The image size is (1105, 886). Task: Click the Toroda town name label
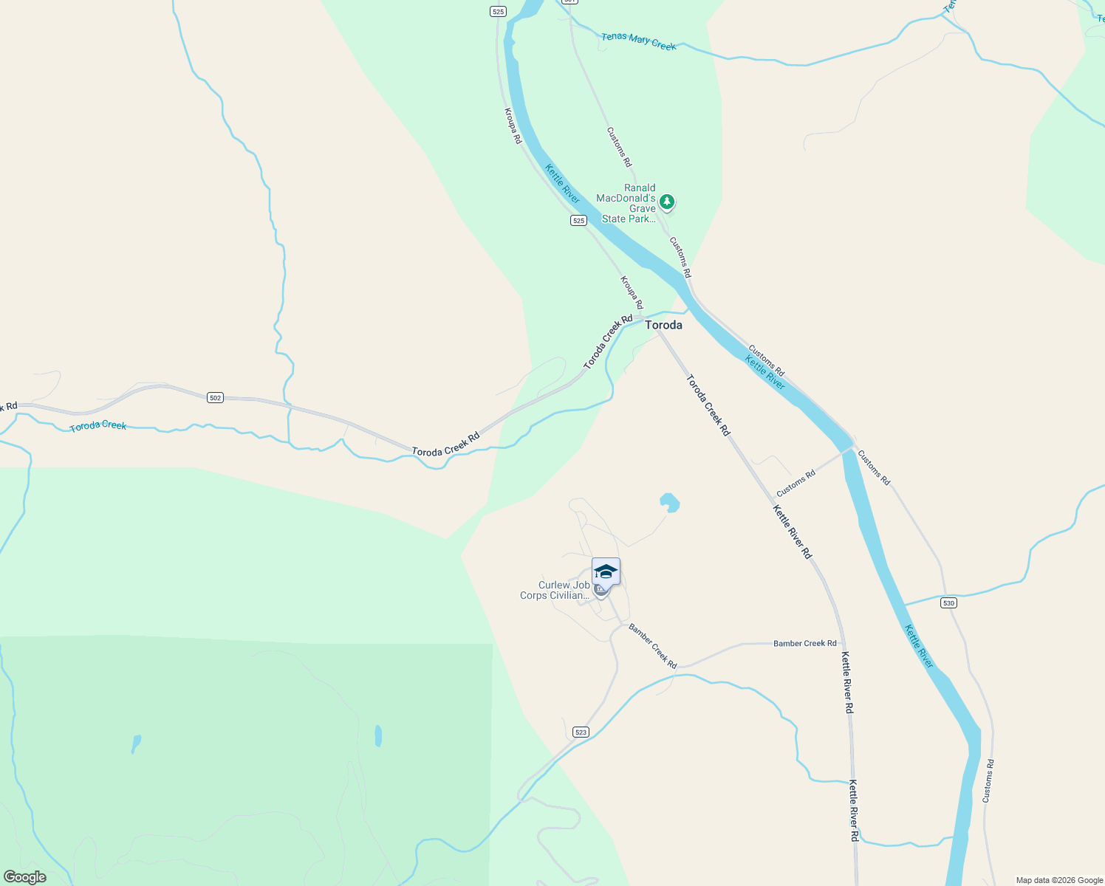click(663, 325)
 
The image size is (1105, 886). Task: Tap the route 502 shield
click(215, 398)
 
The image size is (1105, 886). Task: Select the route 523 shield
click(581, 732)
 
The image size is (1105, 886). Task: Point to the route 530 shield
click(948, 603)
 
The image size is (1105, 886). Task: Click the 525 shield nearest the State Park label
click(578, 221)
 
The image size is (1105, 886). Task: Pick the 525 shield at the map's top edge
click(498, 12)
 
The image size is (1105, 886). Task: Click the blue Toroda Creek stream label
click(98, 426)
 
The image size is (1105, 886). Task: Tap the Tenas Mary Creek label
click(638, 41)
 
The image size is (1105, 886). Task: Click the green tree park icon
click(667, 201)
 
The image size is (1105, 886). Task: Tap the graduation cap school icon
click(606, 571)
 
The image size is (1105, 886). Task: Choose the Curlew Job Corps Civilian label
click(555, 591)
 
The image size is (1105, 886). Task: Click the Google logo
click(24, 877)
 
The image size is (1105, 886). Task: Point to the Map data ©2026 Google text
click(1059, 880)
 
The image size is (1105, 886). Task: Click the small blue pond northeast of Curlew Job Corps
click(669, 503)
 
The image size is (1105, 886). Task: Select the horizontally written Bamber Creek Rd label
click(804, 644)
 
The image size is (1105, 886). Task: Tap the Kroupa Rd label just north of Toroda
click(632, 292)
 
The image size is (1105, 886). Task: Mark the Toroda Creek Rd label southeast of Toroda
click(708, 405)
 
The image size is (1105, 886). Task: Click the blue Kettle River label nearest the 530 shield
click(919, 647)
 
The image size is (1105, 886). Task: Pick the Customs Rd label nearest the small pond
click(796, 484)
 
